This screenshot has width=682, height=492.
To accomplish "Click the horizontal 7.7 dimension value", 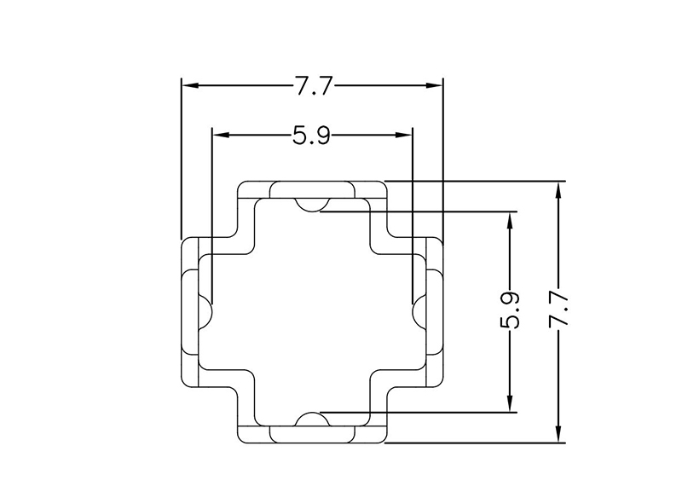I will pos(312,85).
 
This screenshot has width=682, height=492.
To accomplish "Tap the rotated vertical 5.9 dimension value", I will pos(510,311).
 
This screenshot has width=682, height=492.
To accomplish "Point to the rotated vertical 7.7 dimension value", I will pos(559,311).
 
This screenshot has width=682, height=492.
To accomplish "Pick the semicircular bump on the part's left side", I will pos(205,311).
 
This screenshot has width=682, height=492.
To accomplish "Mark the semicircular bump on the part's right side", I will pos(419,311).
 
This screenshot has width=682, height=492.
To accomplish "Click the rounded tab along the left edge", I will pos(189,311).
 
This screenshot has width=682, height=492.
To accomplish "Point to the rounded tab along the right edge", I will pos(434,311).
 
